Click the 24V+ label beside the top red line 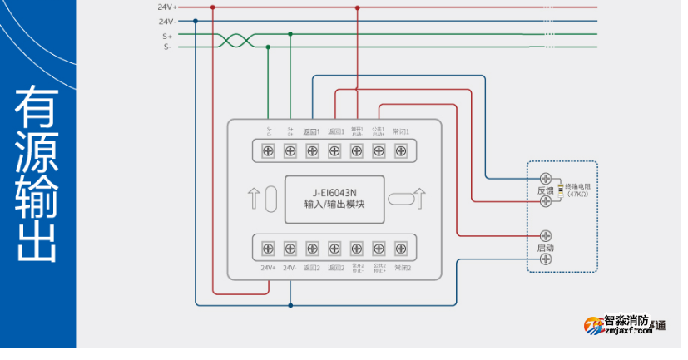pos(167,7)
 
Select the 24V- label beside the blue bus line pos(167,21)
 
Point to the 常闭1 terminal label pos(402,131)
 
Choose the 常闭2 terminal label pos(402,268)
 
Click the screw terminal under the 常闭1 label pos(401,150)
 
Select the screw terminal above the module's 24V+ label pos(268,248)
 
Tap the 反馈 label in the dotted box pos(545,191)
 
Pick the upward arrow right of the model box pos(420,199)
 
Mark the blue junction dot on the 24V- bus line pos(195,21)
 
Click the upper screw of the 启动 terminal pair pos(546,236)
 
